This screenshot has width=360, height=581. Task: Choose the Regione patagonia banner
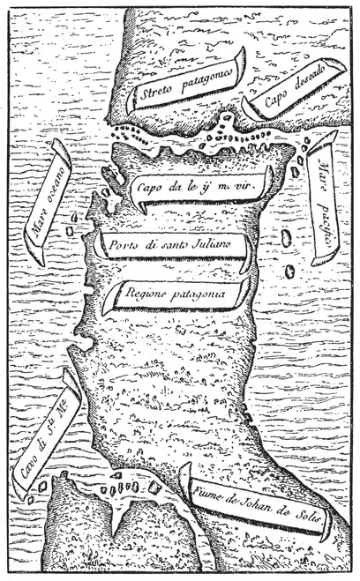coord(176,294)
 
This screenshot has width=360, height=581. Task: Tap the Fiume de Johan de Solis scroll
coord(255,511)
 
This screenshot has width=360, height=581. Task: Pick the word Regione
coord(144,294)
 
